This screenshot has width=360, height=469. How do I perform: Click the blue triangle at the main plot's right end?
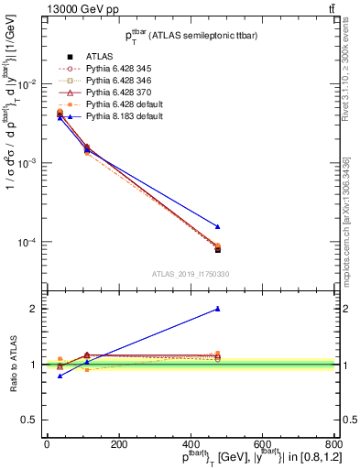(x=217, y=226)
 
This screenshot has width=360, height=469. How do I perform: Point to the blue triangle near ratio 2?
(x=217, y=309)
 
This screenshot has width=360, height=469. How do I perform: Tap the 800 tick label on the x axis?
(x=332, y=443)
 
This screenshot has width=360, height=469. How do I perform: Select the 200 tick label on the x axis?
(x=118, y=443)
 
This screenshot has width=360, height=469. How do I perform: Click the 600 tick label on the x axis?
(x=260, y=443)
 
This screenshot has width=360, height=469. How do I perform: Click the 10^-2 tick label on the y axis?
(x=26, y=83)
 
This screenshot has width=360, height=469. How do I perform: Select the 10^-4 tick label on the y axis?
(x=26, y=243)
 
